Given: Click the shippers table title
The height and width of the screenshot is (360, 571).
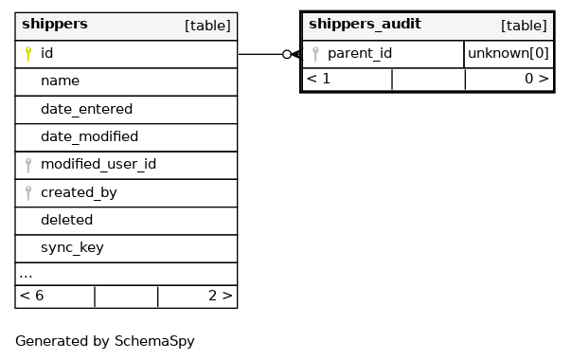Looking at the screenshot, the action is [x=55, y=24].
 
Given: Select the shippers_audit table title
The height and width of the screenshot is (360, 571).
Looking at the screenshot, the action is [x=365, y=24].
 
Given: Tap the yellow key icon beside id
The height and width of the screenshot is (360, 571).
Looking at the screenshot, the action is [x=28, y=54].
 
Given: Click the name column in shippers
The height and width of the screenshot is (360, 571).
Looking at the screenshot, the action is [x=60, y=81].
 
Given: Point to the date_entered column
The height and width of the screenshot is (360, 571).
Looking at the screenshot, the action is [x=87, y=109].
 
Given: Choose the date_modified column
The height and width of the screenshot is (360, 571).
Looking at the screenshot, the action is [x=90, y=136].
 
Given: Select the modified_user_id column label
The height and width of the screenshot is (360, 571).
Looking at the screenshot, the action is [x=98, y=164].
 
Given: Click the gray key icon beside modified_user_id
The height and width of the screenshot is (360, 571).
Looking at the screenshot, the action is [x=28, y=165].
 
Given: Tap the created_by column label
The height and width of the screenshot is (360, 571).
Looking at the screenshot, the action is [x=79, y=192].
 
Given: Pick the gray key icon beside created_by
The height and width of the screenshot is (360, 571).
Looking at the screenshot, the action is [x=28, y=193].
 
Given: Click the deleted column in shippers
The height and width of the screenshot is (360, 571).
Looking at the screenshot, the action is [x=67, y=220].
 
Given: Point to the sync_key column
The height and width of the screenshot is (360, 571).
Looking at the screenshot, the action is [x=73, y=248].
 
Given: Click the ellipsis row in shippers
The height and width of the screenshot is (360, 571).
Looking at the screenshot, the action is [x=26, y=276].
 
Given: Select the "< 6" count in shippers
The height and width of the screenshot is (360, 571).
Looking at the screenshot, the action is [x=31, y=296].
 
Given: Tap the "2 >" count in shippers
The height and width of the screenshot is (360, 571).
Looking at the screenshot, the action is [x=221, y=296].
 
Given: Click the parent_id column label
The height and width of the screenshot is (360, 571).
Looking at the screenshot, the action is [x=360, y=54].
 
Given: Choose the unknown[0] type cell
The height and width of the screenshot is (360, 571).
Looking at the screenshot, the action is [x=509, y=54].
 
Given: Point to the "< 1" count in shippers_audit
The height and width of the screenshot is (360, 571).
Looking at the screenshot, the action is [x=318, y=79].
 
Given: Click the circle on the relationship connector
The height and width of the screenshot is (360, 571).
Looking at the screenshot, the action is [x=287, y=54].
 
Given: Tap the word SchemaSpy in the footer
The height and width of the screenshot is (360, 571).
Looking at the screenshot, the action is [x=154, y=341].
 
